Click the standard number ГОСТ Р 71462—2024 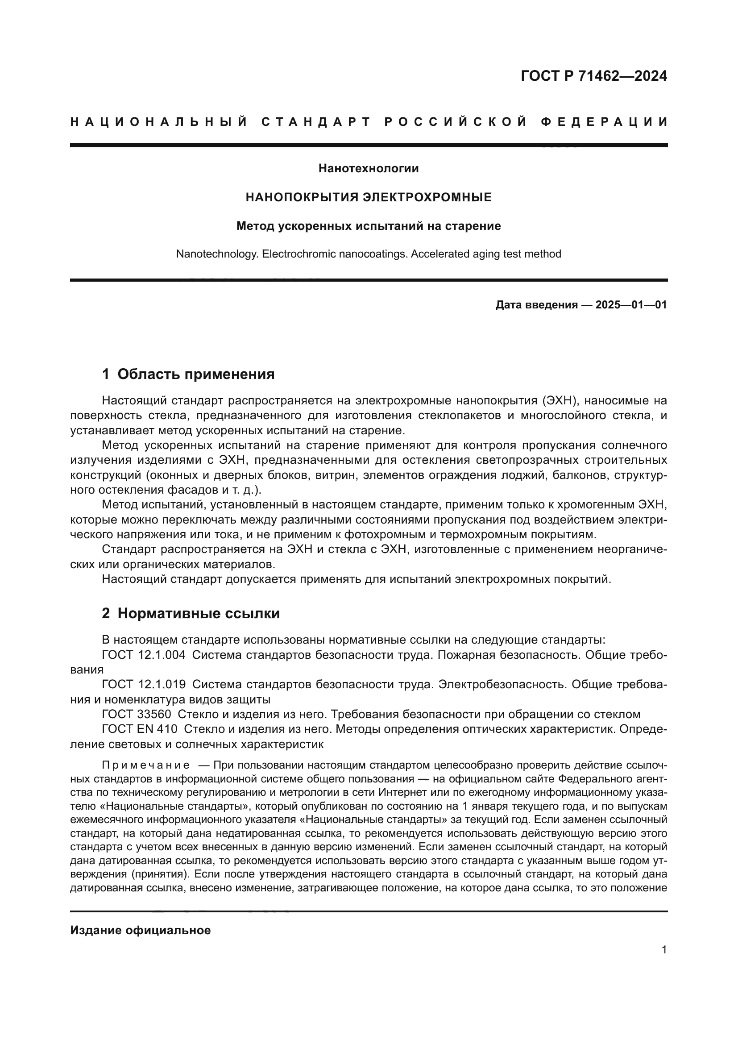tap(593, 76)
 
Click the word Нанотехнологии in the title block tap(369, 169)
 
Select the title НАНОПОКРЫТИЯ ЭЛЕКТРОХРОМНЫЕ tap(369, 197)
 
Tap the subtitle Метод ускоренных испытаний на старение tap(369, 226)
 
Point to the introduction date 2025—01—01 tap(631, 305)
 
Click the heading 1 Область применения tap(188, 374)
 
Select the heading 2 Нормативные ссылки tap(191, 613)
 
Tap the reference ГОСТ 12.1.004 tap(144, 655)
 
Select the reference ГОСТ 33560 tap(137, 714)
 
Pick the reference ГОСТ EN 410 tap(140, 729)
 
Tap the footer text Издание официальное tap(141, 930)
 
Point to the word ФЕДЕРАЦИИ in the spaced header tap(605, 122)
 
